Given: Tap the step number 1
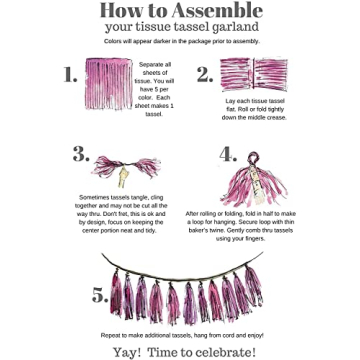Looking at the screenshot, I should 70,75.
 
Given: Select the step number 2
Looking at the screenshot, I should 204,75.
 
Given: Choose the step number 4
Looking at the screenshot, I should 228,154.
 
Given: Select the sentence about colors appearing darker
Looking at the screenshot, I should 180,42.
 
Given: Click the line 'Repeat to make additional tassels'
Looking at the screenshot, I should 180,334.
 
